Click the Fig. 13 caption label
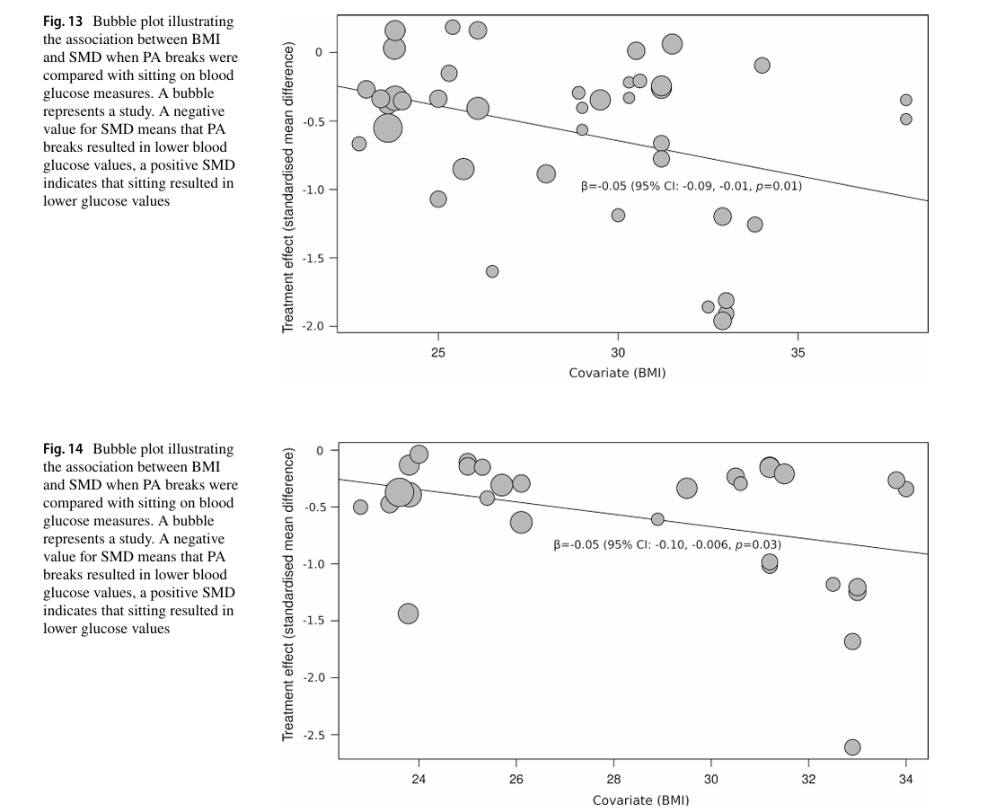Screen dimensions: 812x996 (x=63, y=22)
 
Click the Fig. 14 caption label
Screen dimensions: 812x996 (x=63, y=449)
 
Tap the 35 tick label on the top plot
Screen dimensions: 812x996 (x=798, y=353)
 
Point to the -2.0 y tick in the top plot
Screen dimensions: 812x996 (x=313, y=327)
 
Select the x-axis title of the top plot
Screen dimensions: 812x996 (x=617, y=373)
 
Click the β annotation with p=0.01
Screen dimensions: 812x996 (x=692, y=187)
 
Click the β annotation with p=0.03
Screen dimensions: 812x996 (x=667, y=544)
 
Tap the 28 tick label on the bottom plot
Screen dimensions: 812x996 (x=613, y=779)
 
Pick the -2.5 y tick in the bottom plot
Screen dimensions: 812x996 (x=313, y=735)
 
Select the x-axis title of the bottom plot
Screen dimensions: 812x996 (x=640, y=799)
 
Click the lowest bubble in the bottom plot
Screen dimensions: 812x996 (x=852, y=747)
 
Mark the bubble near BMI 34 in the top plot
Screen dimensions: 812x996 (x=762, y=65)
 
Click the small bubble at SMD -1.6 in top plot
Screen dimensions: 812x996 (x=492, y=271)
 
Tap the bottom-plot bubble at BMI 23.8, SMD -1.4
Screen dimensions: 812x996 (x=409, y=613)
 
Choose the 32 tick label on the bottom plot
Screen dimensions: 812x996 (x=808, y=779)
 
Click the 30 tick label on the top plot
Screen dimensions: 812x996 (x=618, y=353)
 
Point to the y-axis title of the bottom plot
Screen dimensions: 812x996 (x=288, y=595)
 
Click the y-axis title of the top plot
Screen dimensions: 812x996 (x=288, y=174)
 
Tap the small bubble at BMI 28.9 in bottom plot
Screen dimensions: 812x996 (x=657, y=519)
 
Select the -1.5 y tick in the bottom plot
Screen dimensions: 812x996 (x=313, y=621)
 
